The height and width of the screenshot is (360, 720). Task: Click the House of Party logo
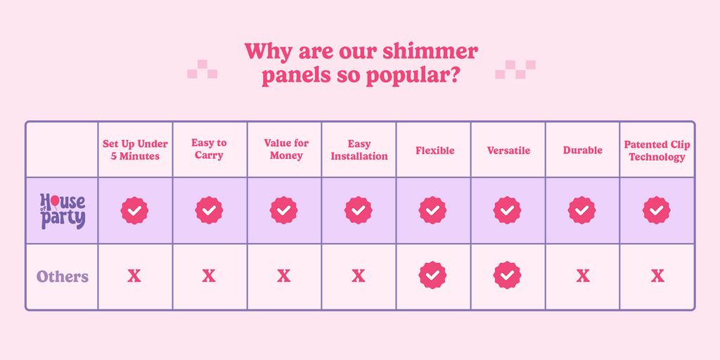click(x=63, y=211)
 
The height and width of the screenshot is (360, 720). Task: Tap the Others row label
click(x=63, y=277)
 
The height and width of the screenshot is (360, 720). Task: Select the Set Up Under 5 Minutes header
click(x=135, y=150)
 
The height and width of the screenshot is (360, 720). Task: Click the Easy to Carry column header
click(x=209, y=149)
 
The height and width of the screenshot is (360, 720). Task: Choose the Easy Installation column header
click(x=359, y=150)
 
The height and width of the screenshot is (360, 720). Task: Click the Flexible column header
click(x=435, y=150)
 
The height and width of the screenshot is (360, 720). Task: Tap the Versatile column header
click(x=509, y=150)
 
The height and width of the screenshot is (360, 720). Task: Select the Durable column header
click(x=583, y=150)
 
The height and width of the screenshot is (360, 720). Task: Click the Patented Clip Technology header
click(x=657, y=150)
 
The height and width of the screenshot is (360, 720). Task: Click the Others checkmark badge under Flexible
click(x=432, y=275)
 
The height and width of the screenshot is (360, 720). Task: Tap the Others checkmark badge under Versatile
click(x=508, y=275)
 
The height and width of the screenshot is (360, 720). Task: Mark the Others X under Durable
click(x=583, y=276)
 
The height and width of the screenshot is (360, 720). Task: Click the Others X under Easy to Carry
click(x=209, y=276)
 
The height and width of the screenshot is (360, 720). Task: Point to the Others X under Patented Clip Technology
click(x=657, y=276)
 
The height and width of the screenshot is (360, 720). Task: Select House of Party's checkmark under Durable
click(x=581, y=210)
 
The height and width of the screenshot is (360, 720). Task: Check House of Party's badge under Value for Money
click(x=284, y=210)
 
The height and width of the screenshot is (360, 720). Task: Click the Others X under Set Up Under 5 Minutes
click(x=134, y=276)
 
